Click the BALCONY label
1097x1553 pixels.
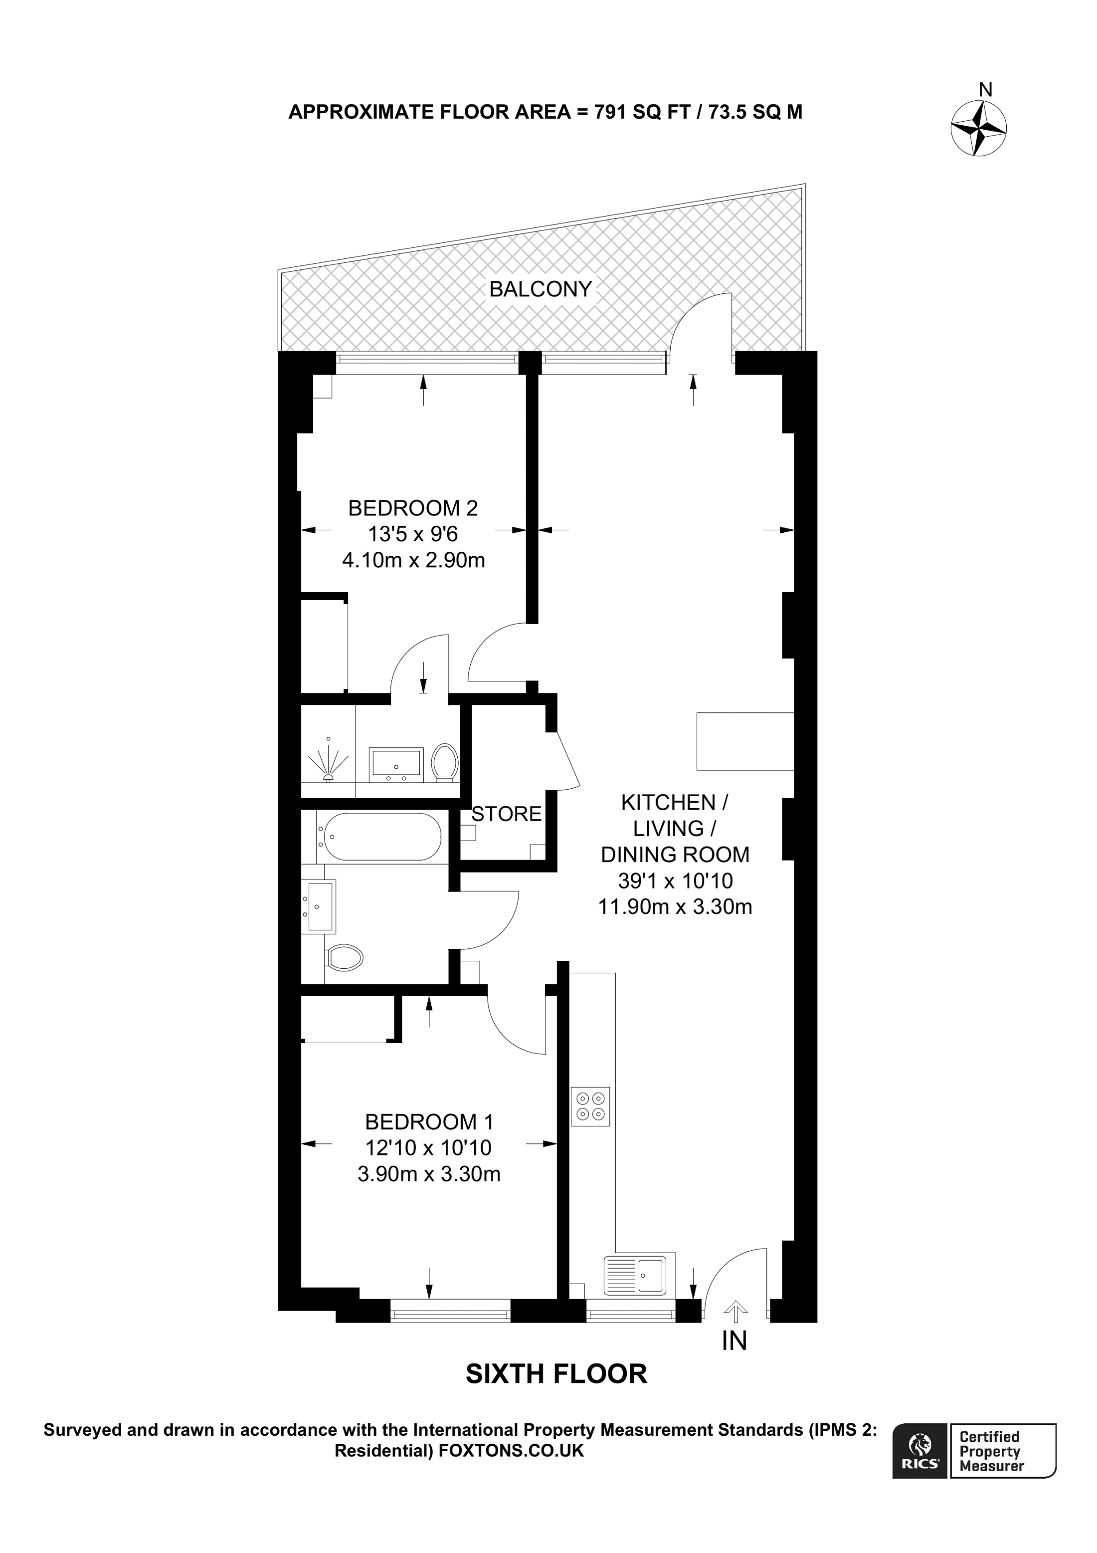point(540,289)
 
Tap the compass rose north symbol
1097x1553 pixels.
point(979,127)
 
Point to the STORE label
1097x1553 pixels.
point(506,814)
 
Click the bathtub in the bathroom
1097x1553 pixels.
point(382,836)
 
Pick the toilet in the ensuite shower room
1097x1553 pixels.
point(445,762)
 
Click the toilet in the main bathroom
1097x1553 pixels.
point(344,958)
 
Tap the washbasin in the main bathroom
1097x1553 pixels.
point(320,906)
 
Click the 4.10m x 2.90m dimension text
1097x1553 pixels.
point(414,560)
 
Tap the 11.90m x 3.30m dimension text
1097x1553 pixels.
point(675,906)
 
